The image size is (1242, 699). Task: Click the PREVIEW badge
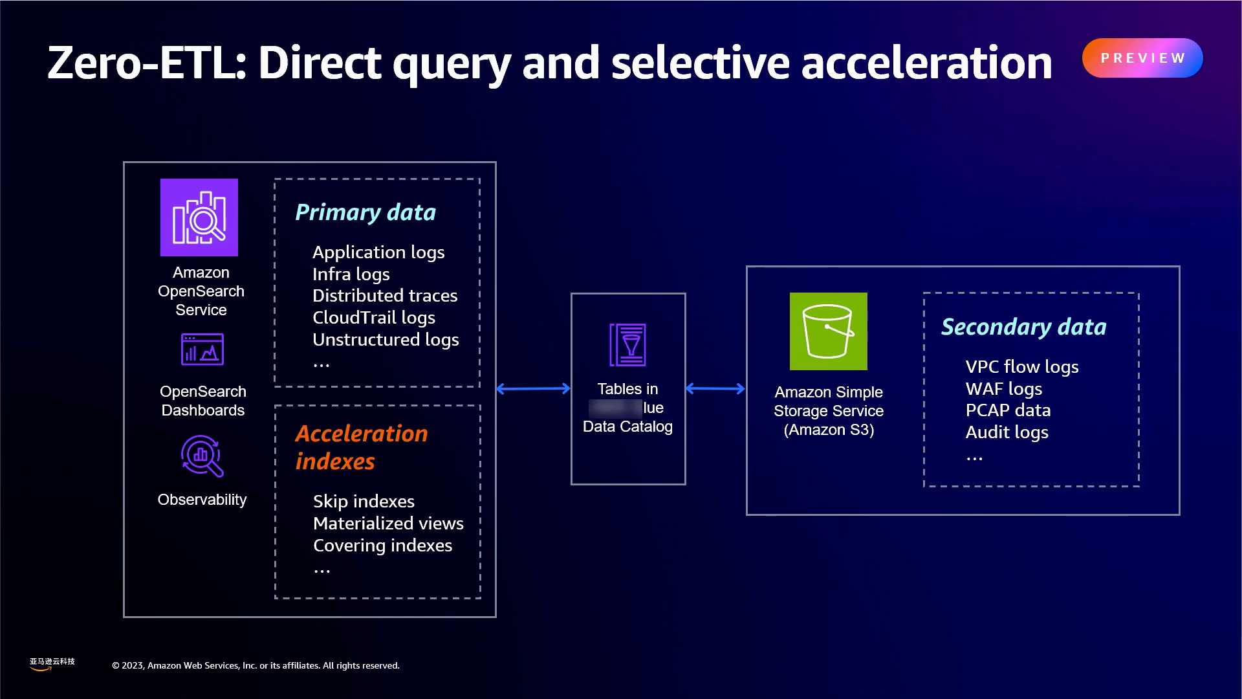[1142, 58]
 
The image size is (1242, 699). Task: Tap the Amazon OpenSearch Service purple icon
[199, 217]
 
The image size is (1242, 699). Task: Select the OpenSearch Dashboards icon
[202, 350]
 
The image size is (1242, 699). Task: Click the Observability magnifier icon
[202, 456]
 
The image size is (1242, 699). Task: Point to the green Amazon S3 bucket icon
[828, 331]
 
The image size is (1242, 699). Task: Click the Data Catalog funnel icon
[627, 344]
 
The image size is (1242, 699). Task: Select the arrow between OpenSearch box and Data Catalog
[533, 388]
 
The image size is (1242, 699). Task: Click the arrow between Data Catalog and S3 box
[715, 388]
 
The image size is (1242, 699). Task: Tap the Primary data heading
[365, 212]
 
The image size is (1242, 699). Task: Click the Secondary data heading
[1023, 327]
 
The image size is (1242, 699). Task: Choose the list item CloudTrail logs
[374, 318]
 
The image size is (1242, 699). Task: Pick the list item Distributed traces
[385, 296]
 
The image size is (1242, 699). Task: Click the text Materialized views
[388, 524]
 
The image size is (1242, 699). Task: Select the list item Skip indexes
[364, 502]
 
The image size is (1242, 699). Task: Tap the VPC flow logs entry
[1022, 367]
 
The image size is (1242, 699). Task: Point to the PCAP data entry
[1008, 410]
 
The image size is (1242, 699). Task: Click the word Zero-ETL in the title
[146, 63]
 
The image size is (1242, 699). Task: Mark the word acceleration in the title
[926, 63]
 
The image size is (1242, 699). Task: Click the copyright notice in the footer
[256, 665]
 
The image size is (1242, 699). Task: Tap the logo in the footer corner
[52, 664]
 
